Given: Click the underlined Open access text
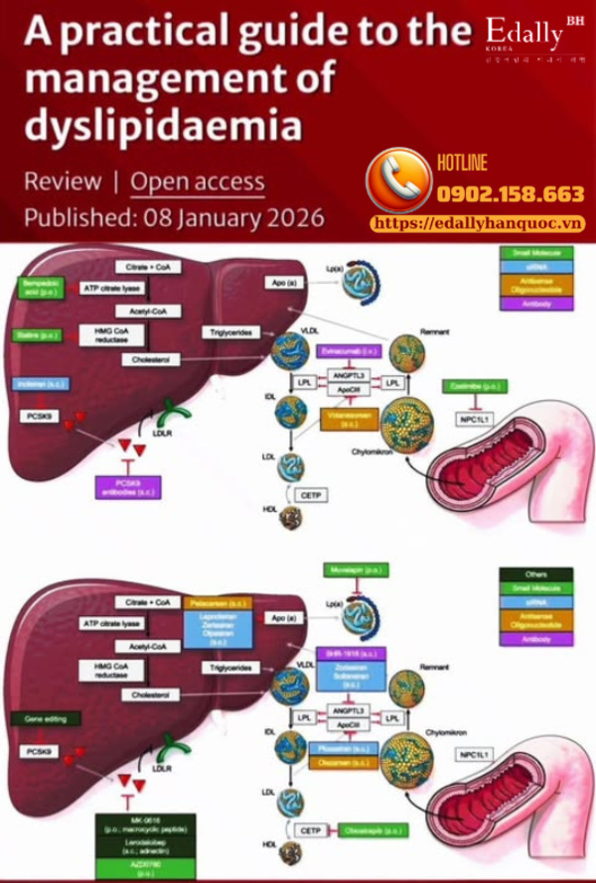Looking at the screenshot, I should pos(198,182).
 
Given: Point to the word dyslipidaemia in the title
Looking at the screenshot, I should pos(161,126).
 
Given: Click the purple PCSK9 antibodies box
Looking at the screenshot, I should pos(127,486).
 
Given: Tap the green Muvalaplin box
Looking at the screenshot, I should pos(355,569).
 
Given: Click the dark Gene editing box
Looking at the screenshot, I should pos(44,717).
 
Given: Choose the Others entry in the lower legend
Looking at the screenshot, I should pos(535,573).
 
